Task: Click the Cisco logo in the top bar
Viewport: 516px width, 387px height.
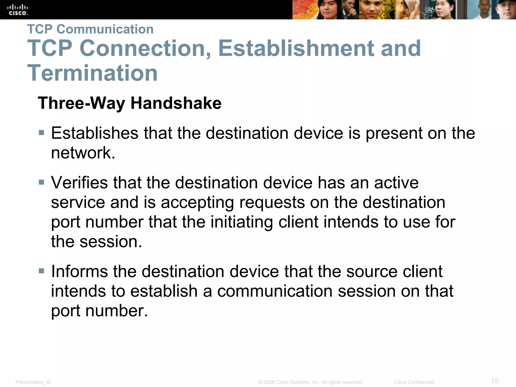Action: point(17,10)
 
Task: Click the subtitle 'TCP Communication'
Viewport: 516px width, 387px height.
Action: point(90,29)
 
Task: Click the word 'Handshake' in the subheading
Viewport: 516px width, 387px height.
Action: point(176,103)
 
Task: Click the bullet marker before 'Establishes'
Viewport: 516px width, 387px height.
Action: point(42,133)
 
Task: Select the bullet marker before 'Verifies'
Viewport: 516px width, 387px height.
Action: point(42,182)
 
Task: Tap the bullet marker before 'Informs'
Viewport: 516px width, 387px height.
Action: point(42,271)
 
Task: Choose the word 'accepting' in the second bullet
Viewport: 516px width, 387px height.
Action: point(197,202)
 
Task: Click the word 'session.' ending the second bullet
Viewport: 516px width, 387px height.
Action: point(111,241)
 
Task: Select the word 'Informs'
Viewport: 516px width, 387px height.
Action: point(80,271)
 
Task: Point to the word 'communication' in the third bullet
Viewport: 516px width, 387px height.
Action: point(275,291)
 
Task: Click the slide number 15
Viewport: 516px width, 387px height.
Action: point(495,381)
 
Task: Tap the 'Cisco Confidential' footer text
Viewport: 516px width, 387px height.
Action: point(414,382)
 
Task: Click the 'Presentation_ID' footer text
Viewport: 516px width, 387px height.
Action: point(33,382)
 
